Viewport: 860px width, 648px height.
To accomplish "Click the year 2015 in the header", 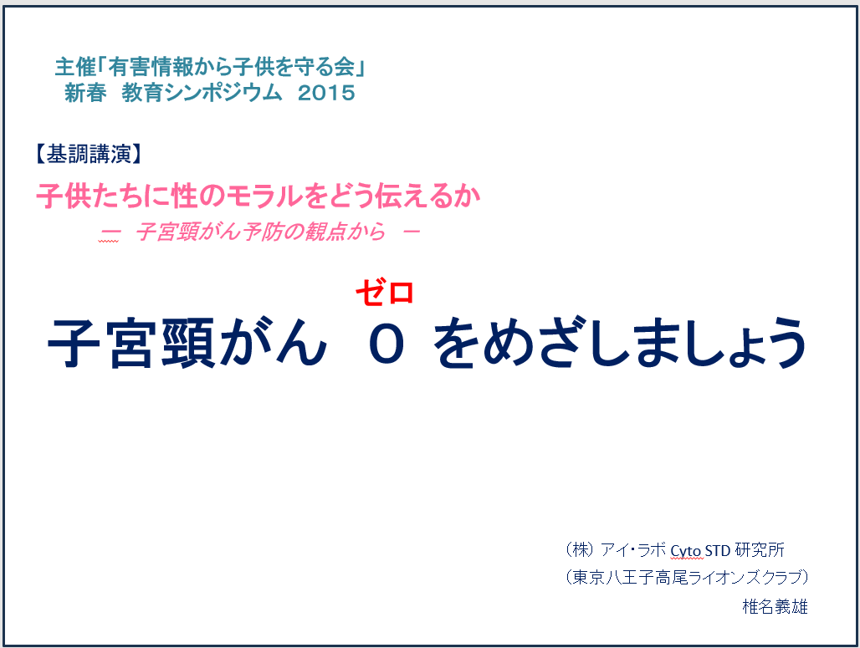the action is (x=326, y=93).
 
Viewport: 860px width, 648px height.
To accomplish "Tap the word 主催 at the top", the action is (x=75, y=68).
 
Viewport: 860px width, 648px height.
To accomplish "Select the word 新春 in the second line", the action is (x=85, y=93).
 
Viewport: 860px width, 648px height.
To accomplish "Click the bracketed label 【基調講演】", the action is (x=89, y=154).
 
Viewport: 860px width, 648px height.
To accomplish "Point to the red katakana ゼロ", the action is (x=385, y=292).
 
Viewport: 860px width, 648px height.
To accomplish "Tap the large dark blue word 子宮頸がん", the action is (x=187, y=344).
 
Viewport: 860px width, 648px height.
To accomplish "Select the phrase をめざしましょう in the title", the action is (x=620, y=344).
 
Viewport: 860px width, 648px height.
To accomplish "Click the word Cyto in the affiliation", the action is (x=686, y=550).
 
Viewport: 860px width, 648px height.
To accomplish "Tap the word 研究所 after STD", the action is (x=760, y=549).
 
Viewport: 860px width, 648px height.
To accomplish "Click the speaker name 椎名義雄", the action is (x=775, y=606).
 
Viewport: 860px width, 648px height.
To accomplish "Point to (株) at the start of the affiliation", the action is (x=580, y=549).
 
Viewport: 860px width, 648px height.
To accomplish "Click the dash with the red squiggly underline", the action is (x=109, y=232).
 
